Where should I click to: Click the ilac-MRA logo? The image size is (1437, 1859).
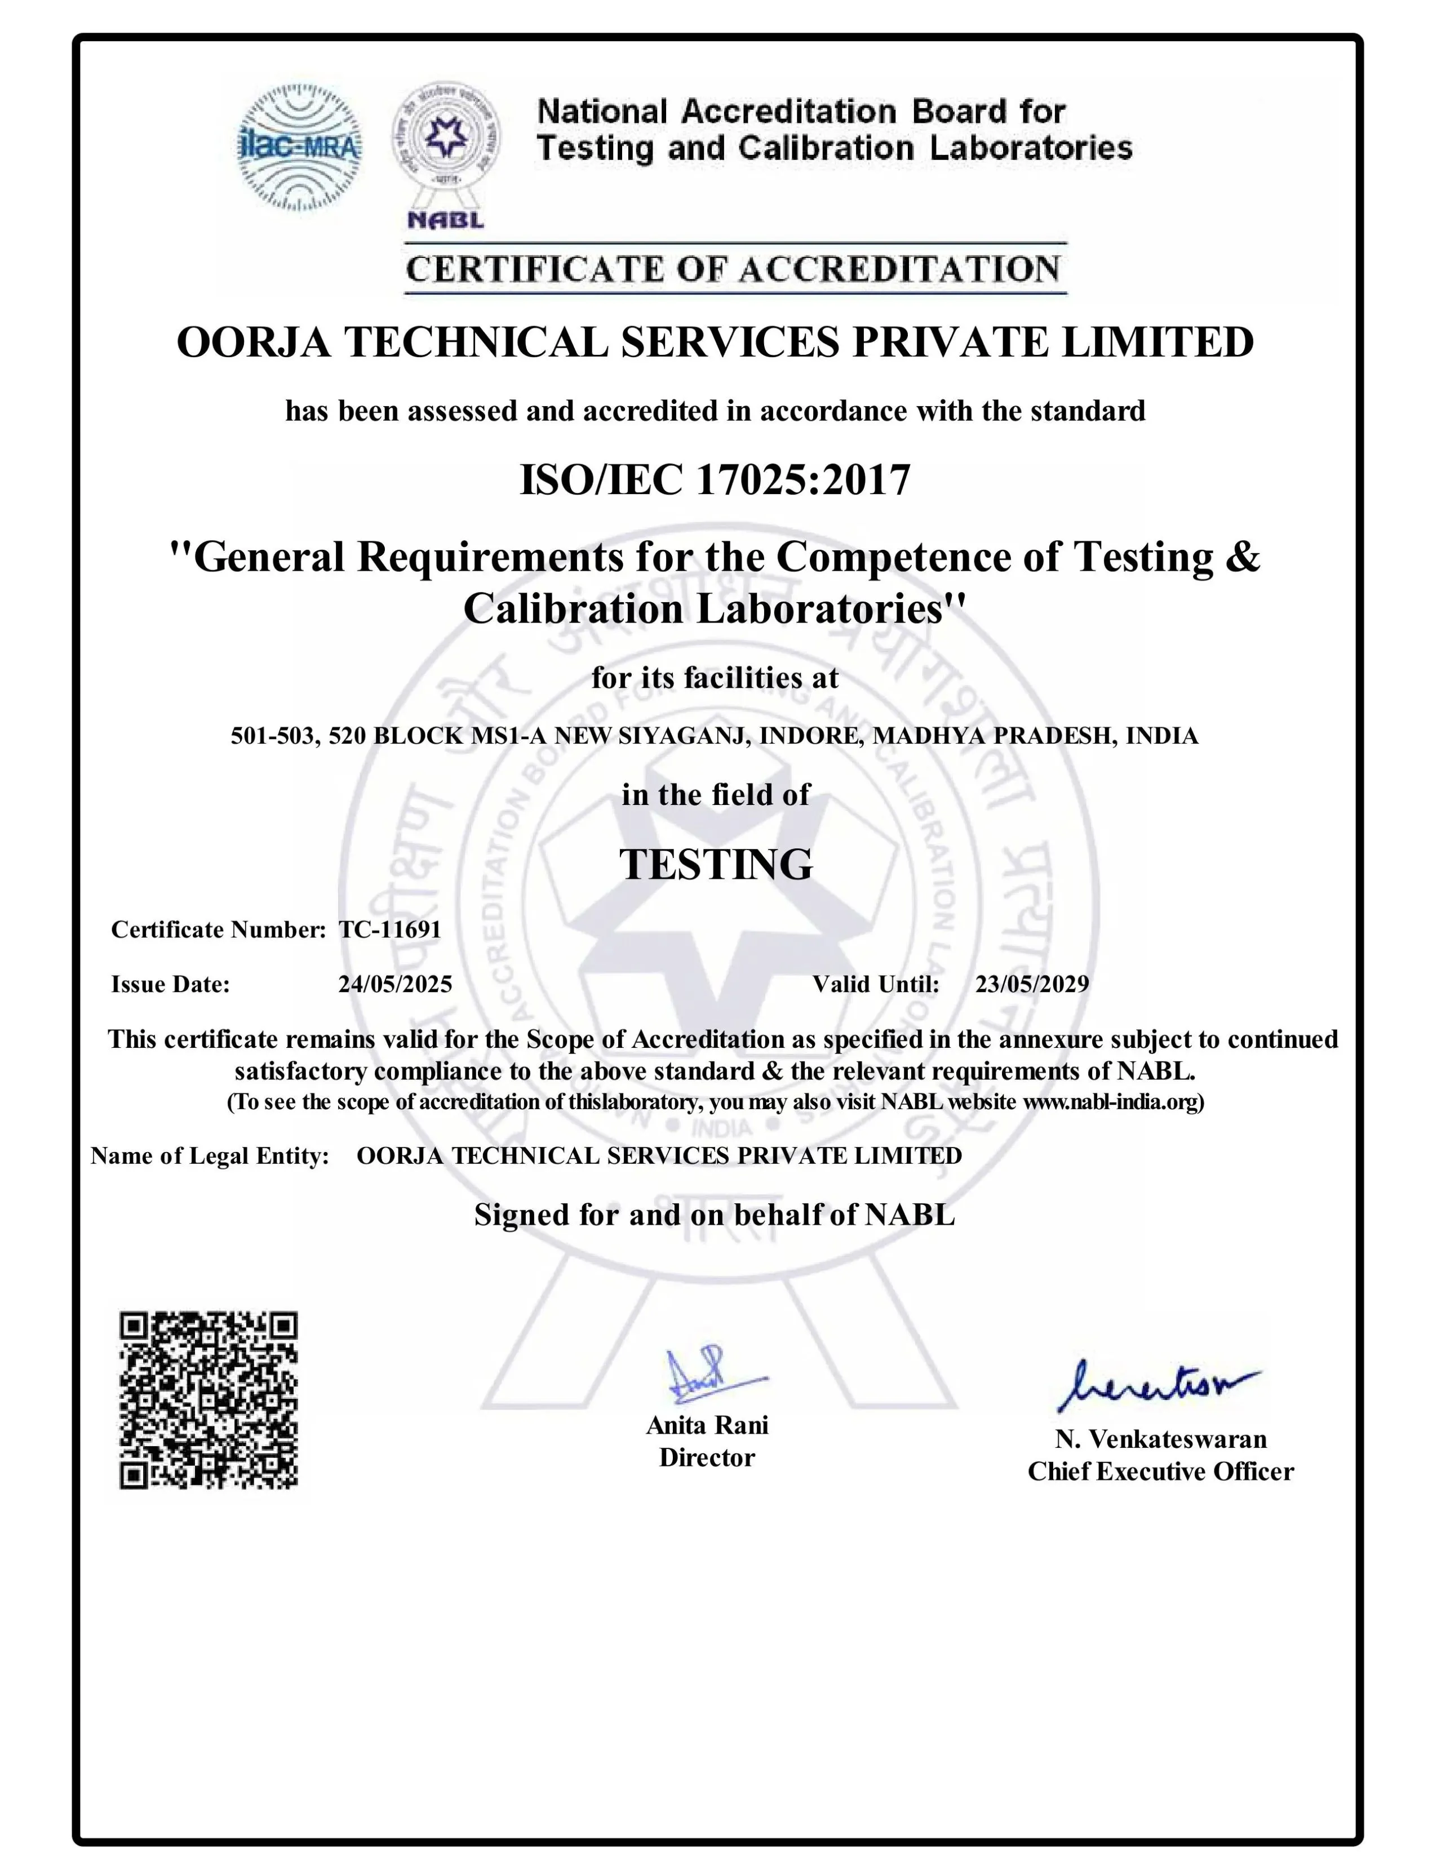click(x=299, y=147)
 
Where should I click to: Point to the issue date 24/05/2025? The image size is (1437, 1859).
click(x=395, y=984)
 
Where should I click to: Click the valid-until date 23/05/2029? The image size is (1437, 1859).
click(x=1032, y=984)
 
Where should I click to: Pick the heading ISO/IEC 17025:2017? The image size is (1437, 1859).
click(x=715, y=480)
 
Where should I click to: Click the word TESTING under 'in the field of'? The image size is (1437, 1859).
click(x=715, y=865)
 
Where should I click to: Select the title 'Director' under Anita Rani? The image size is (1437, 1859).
click(x=707, y=1457)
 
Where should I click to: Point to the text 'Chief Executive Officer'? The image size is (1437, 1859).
click(x=1160, y=1471)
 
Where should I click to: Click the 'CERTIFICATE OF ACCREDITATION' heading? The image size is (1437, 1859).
click(x=734, y=270)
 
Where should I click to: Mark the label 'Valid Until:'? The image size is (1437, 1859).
click(x=875, y=984)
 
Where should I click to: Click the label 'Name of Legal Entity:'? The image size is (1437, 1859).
click(x=210, y=1156)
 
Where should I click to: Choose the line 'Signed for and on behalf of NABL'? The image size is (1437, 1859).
click(x=715, y=1215)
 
